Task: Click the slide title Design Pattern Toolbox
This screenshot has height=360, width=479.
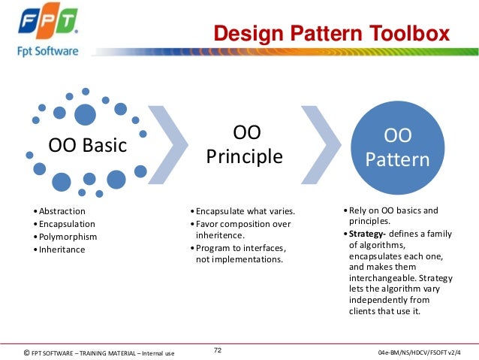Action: coord(331,34)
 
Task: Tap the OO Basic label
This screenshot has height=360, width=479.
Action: coord(88,145)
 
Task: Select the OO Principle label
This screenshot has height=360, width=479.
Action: coord(246,144)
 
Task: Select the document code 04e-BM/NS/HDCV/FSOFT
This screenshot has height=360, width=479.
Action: coord(421,352)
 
